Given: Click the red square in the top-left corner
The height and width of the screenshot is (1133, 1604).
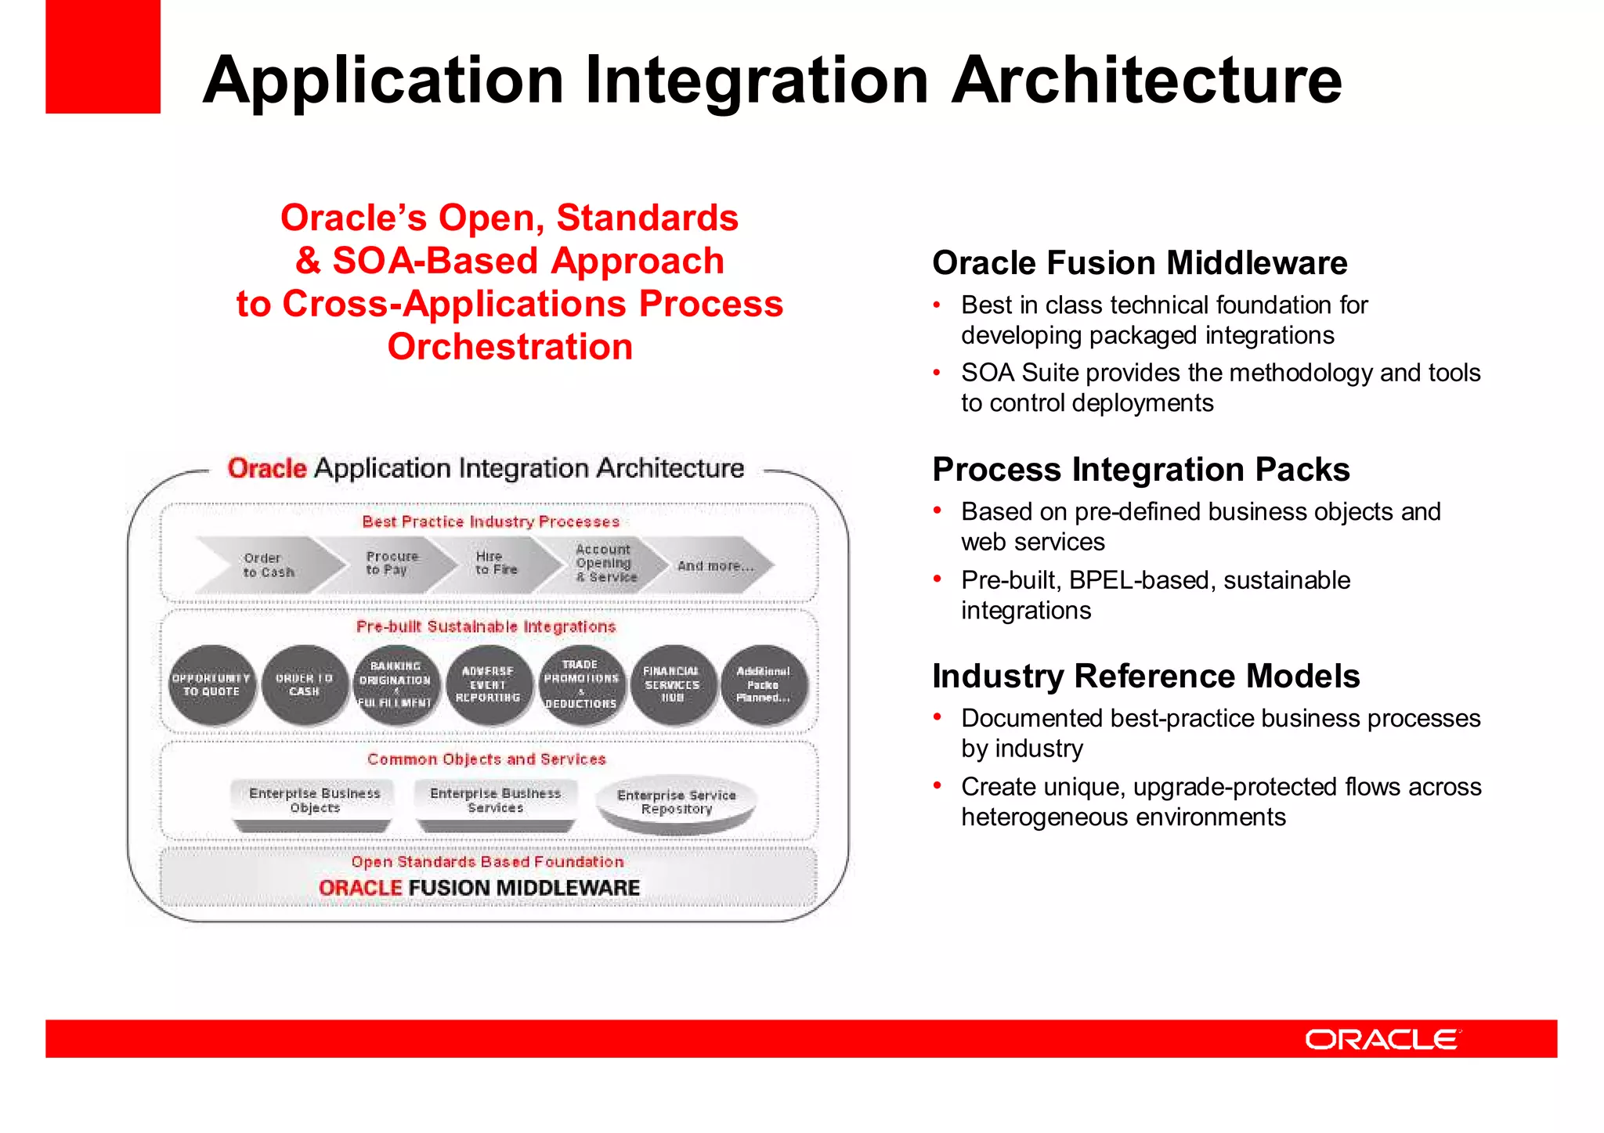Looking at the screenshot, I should tap(103, 56).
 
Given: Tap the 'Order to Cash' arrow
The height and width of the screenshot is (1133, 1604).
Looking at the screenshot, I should tap(269, 565).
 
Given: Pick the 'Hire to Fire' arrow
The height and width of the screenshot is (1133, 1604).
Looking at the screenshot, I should tap(497, 563).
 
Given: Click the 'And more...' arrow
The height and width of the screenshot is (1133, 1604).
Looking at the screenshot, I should tap(714, 565).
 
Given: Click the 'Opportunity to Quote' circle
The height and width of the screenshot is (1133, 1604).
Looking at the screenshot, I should tap(211, 685).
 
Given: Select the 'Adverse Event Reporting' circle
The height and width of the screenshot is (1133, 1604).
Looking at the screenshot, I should tap(488, 685).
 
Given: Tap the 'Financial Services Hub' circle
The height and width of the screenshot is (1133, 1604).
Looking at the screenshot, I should tap(672, 685).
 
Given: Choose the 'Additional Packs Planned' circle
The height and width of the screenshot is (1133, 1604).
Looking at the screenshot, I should tap(764, 685).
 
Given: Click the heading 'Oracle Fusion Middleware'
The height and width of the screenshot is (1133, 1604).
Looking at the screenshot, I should tap(1139, 263).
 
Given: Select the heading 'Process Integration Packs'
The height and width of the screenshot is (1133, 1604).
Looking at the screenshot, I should tap(1140, 470).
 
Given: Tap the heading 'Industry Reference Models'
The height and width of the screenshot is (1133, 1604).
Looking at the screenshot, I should tap(1145, 677).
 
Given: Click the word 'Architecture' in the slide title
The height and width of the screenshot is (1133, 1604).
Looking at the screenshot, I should tap(1147, 80).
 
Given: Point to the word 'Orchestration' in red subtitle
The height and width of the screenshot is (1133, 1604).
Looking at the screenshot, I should tap(510, 347).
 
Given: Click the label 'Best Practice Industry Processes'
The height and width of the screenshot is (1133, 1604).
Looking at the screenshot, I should tap(490, 521).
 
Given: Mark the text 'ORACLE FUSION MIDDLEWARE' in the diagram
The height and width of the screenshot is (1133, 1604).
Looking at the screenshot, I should tap(479, 888).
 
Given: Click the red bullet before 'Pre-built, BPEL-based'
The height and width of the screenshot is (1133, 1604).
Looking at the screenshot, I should tap(937, 580).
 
